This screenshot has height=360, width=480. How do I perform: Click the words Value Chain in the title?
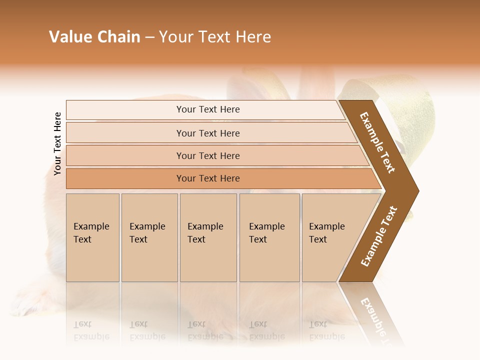coord(94,37)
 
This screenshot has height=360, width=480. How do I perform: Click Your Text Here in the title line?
coord(215,37)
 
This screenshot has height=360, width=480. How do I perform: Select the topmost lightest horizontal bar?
coord(208,109)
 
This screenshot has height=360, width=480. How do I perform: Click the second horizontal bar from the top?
coord(208,133)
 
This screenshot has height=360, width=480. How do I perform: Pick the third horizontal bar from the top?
coord(208,155)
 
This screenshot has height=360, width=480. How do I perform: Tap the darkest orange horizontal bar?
coord(208,178)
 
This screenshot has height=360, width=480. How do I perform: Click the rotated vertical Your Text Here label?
coord(57,143)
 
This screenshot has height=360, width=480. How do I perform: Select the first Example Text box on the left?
coord(92,237)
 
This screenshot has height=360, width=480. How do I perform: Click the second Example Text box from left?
coord(149,237)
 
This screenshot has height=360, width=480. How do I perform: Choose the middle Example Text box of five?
coord(208,237)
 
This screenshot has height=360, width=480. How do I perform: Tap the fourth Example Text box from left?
coord(269,237)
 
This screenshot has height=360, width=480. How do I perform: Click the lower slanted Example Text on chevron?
coord(379,236)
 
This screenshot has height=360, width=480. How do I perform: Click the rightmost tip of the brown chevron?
coord(417,190)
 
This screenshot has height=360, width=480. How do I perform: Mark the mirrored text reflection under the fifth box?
coord(326,330)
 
